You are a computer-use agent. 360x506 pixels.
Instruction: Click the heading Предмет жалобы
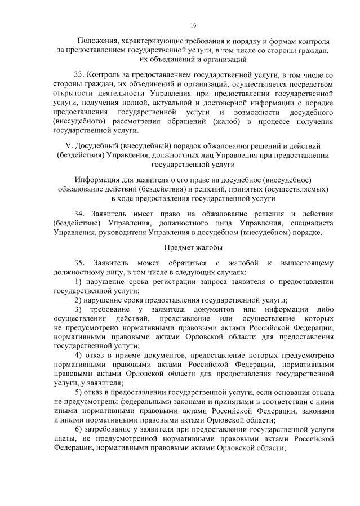[193, 248]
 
